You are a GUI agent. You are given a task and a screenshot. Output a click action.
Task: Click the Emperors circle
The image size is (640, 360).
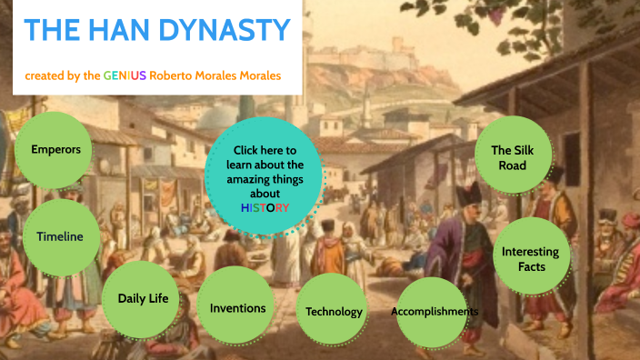coord(55,148)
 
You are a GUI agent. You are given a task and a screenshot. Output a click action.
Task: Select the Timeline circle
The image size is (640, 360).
coord(60,236)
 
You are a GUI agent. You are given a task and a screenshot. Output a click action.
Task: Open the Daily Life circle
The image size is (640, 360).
coord(142,297)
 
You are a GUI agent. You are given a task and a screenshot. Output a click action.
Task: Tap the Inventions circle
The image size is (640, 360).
coord(237,307)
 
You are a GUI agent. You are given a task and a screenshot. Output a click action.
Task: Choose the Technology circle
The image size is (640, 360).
coord(334,312)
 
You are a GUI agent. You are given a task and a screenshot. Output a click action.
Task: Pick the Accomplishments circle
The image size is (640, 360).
coord(435,312)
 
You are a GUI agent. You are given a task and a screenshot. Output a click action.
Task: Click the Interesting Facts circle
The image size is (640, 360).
coord(531,258)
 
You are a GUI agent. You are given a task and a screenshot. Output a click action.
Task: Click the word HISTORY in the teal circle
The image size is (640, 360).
coord(265,207)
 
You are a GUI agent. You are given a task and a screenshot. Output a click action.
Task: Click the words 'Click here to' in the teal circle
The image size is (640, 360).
coord(265,150)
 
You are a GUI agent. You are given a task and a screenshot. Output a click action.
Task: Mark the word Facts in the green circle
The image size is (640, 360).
coord(531,266)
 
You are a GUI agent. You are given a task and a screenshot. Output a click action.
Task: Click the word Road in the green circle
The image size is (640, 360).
coord(512,166)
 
